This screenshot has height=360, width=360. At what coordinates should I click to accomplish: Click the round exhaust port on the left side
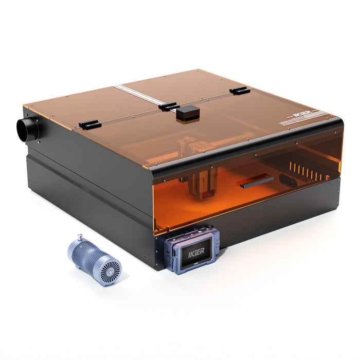pos(27,129)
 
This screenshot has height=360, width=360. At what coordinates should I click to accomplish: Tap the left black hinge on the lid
pos(89,124)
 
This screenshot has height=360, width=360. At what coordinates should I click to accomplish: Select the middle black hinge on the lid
pos(169,106)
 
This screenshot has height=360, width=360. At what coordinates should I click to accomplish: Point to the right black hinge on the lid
pos(239,91)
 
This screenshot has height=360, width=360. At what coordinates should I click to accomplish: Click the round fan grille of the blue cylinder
pos(109,269)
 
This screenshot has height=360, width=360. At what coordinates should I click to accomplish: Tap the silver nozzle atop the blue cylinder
pos(81,238)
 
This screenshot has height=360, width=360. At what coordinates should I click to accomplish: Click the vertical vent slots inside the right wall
pos(309,172)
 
